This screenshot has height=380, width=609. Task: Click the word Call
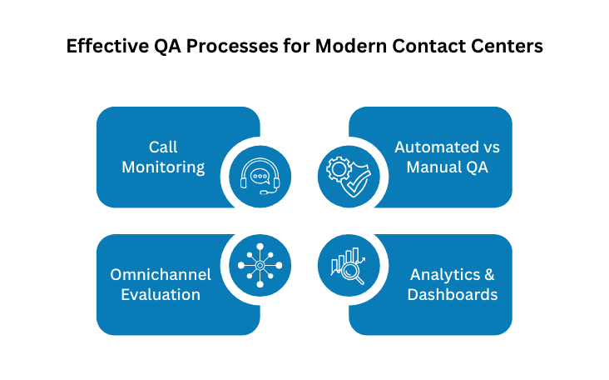pos(163,147)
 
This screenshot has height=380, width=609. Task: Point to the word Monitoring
pos(163,167)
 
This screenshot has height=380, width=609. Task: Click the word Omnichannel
pos(161,274)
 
